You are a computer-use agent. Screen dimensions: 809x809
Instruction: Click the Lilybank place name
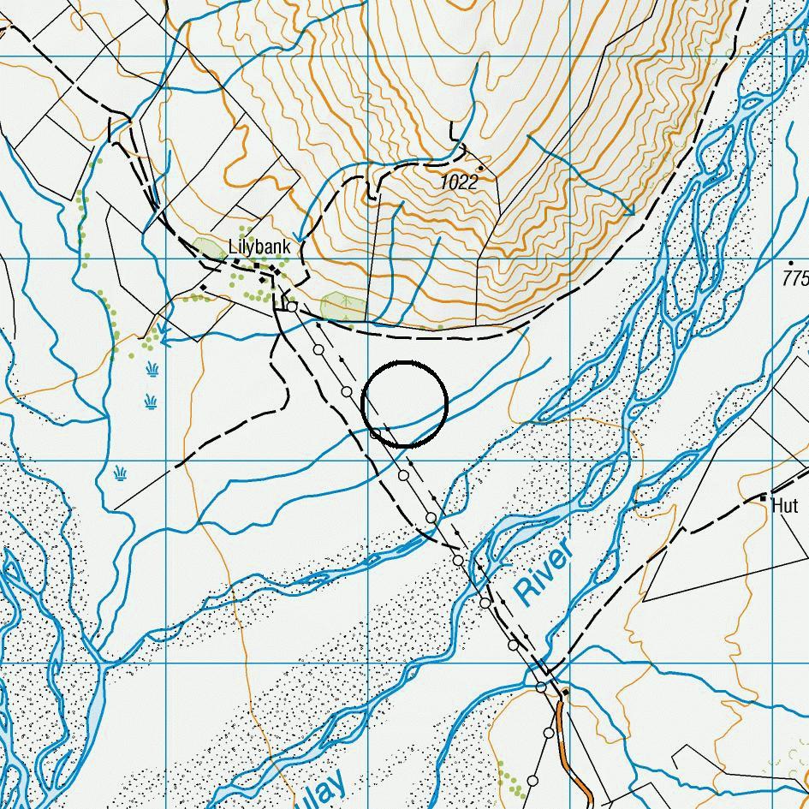[260, 247]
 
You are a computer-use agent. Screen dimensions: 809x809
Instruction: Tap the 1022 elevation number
[458, 182]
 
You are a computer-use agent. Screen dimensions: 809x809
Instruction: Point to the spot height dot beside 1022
[481, 168]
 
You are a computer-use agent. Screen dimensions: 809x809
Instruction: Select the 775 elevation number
[796, 278]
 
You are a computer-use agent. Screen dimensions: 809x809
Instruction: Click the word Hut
[784, 505]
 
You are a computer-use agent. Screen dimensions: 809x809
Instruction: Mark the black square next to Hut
[763, 497]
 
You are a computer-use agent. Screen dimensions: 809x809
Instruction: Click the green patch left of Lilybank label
[209, 250]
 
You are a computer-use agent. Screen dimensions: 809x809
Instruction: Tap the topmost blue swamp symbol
[152, 369]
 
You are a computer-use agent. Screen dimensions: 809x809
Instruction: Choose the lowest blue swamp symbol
[120, 472]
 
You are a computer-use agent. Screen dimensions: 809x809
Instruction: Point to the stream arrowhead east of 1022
[629, 210]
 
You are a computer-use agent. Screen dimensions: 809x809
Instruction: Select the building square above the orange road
[565, 692]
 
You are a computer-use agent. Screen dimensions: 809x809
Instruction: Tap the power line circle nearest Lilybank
[292, 306]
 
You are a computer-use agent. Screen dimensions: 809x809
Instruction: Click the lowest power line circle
[532, 781]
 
